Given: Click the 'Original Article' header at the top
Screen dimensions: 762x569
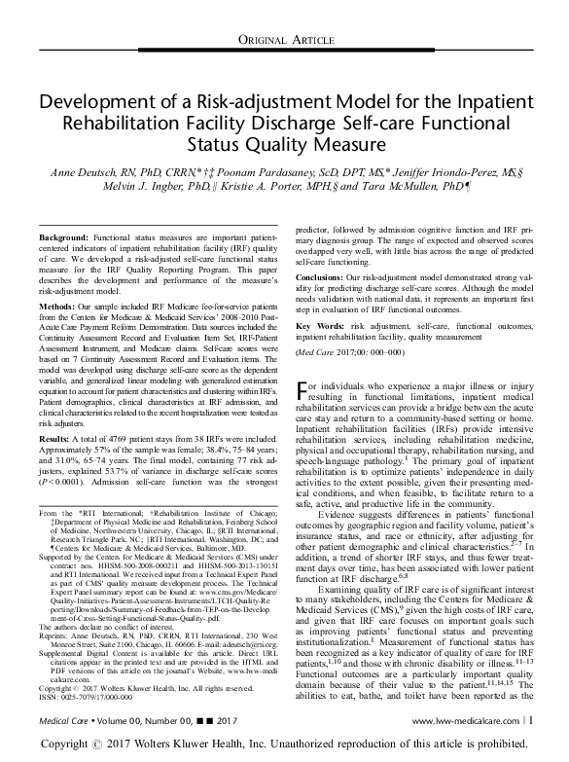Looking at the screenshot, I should tap(284, 38).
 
